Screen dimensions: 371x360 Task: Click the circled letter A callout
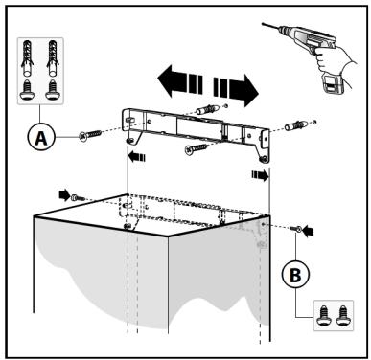point(40,138)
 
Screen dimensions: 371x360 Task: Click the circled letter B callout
point(295,275)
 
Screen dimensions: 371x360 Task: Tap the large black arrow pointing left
point(180,80)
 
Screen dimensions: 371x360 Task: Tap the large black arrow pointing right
point(236,90)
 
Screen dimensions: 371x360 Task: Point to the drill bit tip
point(263,23)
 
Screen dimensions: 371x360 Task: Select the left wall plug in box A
point(27,58)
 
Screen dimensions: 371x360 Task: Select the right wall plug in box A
point(53,58)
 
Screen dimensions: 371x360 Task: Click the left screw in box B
point(323,315)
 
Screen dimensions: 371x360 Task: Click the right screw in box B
point(343,315)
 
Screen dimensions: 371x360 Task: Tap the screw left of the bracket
point(91,134)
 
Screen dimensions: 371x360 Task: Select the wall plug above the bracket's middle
point(207,109)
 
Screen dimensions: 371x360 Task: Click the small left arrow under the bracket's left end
point(136,157)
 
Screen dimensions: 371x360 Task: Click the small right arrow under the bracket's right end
point(260,175)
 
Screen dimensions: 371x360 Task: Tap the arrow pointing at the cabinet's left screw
point(64,194)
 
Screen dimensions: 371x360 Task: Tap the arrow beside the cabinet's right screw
point(309,231)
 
